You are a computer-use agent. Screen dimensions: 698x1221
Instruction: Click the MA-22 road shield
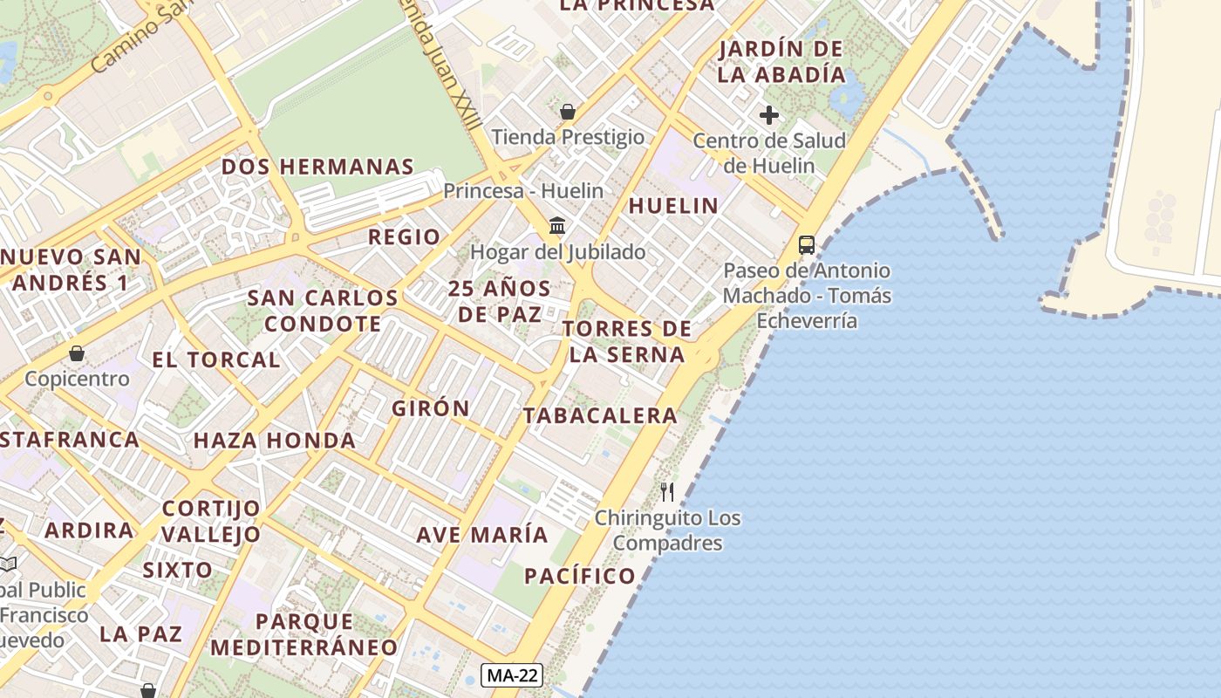click(x=512, y=674)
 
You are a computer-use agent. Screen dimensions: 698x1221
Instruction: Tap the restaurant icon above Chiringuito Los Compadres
click(x=667, y=491)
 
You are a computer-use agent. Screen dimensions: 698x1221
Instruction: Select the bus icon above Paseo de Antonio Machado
click(x=807, y=245)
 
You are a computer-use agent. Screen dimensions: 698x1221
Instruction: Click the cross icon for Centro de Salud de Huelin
click(x=768, y=115)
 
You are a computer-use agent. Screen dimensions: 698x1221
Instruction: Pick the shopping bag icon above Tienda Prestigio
click(x=568, y=112)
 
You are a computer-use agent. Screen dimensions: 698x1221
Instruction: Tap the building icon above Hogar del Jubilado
click(x=557, y=227)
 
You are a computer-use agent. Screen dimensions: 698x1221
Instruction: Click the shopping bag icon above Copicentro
click(x=77, y=353)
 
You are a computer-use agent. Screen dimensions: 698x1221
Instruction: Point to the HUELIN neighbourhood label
click(x=673, y=206)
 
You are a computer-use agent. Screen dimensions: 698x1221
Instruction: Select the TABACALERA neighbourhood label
click(x=600, y=416)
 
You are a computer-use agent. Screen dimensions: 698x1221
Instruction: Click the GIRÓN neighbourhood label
click(x=431, y=408)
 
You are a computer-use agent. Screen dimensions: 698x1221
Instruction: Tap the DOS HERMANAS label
click(x=317, y=167)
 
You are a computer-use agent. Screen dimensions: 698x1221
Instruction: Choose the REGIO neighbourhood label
click(x=404, y=237)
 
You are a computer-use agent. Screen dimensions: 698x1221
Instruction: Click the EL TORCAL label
click(x=216, y=359)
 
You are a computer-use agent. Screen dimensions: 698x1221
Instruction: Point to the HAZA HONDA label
click(x=275, y=441)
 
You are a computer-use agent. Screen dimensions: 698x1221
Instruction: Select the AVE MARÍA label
click(x=482, y=535)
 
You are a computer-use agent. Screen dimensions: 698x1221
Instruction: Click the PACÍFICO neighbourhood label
click(x=580, y=576)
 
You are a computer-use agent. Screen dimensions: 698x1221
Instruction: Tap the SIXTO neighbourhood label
click(x=178, y=571)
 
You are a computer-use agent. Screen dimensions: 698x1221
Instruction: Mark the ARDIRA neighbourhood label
click(x=90, y=530)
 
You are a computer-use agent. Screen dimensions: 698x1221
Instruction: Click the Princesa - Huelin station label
click(x=523, y=190)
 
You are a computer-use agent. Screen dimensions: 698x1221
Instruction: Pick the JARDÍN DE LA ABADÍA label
click(x=781, y=61)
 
